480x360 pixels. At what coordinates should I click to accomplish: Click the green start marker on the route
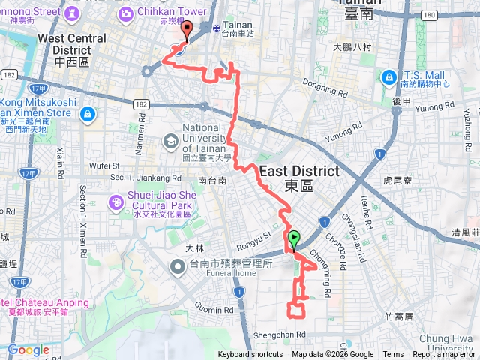pyautogui.click(x=294, y=240)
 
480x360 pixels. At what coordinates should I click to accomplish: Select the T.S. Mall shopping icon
pyautogui.click(x=388, y=76)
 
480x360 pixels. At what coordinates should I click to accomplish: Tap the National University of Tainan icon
pyautogui.click(x=170, y=140)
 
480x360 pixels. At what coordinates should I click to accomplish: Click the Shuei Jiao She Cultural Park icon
pyautogui.click(x=117, y=202)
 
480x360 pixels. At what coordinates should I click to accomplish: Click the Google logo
pyautogui.click(x=28, y=349)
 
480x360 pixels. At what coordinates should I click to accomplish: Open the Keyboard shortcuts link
pyautogui.click(x=250, y=355)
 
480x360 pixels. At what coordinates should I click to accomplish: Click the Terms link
pyautogui.click(x=393, y=355)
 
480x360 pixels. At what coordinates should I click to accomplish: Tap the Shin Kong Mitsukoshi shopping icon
pyautogui.click(x=88, y=114)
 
